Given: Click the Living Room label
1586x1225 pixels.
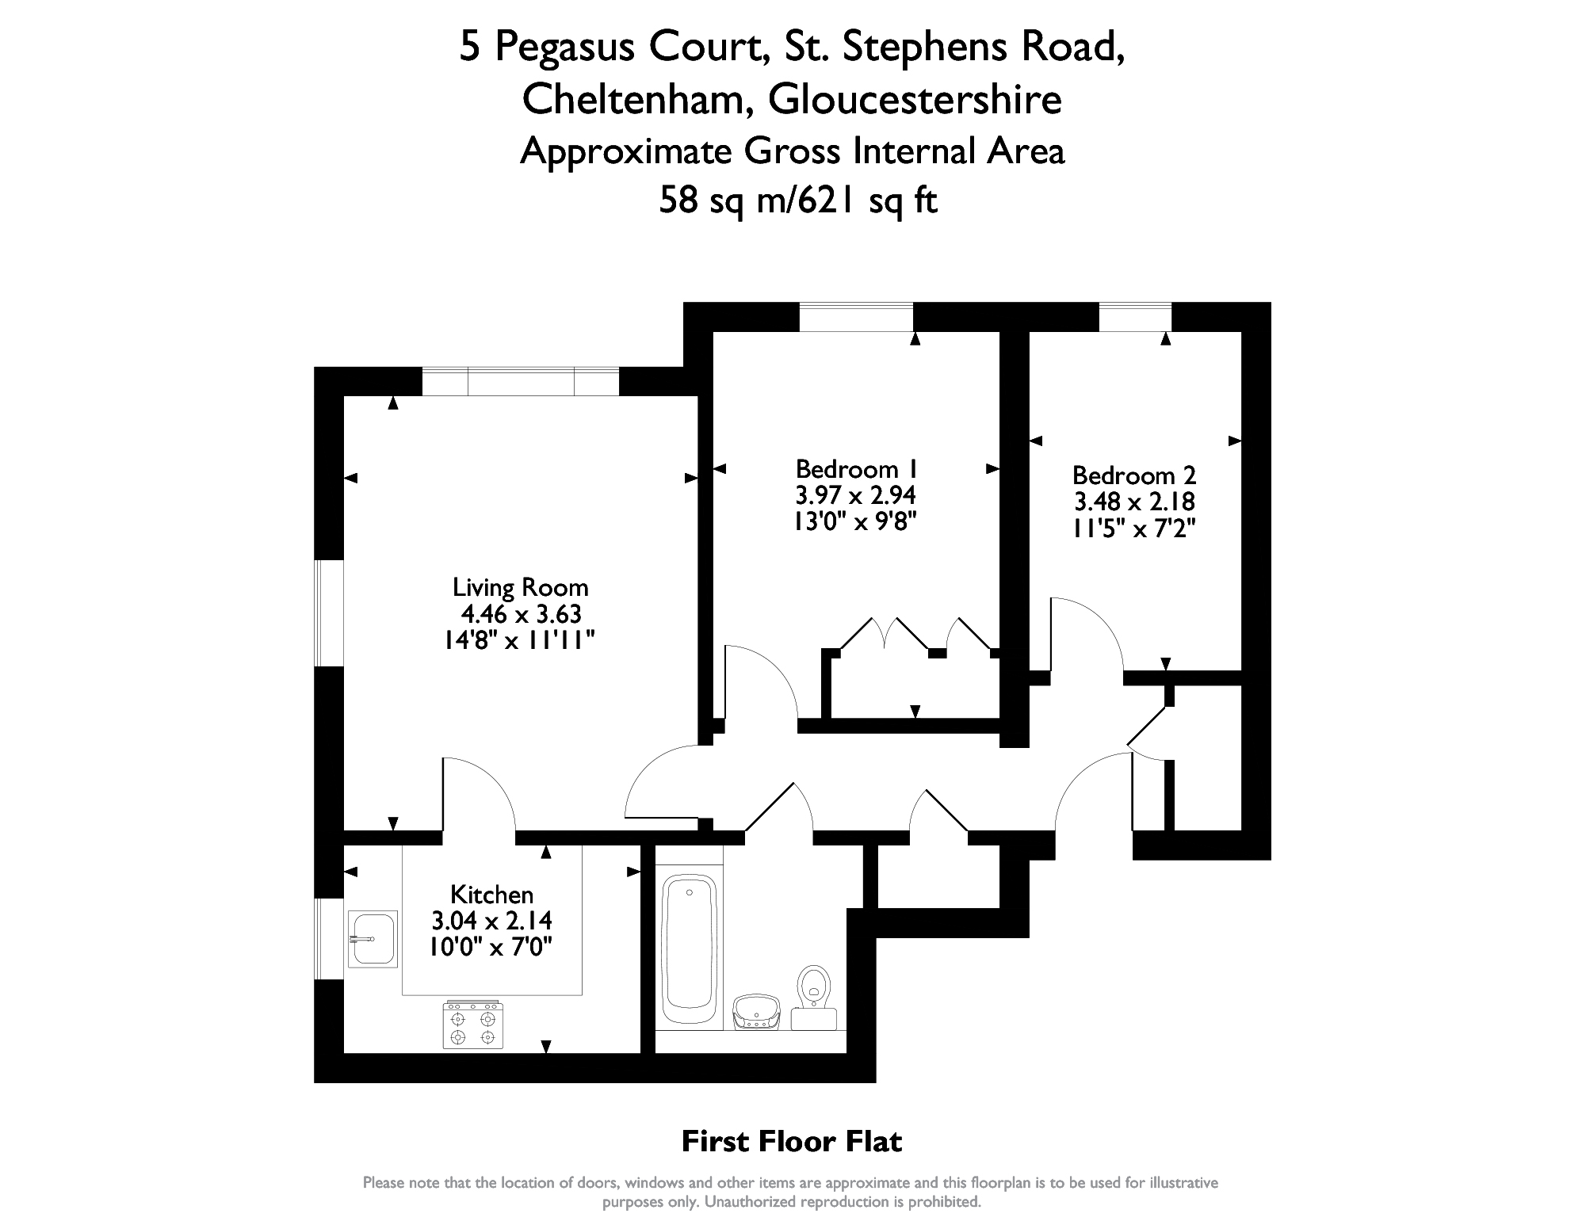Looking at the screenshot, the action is click(x=520, y=588).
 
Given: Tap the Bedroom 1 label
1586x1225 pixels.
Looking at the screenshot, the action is click(x=856, y=468).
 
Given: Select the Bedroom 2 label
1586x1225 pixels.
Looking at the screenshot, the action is click(x=1134, y=475).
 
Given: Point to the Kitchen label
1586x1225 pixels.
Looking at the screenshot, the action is click(x=491, y=895).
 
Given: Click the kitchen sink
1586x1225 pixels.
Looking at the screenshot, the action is click(x=373, y=939).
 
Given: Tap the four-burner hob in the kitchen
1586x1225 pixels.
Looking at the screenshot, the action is click(x=472, y=1025).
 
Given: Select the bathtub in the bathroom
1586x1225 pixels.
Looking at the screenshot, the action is click(x=689, y=949).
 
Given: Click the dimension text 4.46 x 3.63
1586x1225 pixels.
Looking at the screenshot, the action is click(x=522, y=614).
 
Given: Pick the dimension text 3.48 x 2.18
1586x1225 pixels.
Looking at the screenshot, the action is click(x=1134, y=502).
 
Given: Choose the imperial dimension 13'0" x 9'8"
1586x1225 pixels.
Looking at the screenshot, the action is click(x=856, y=521).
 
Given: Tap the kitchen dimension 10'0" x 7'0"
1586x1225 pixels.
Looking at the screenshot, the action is click(x=491, y=947).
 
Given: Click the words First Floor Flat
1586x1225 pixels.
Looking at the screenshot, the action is click(x=792, y=1142).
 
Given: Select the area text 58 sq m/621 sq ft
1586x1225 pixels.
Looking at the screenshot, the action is click(x=798, y=200).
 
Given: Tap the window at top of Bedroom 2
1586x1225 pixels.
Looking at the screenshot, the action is click(x=1135, y=317).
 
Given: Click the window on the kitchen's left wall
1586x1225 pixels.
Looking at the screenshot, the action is click(x=329, y=939).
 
